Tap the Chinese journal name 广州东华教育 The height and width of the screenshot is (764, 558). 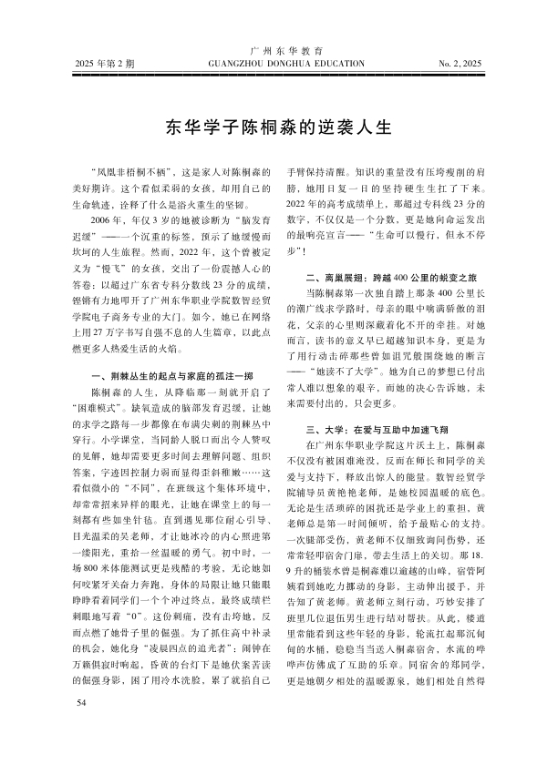(x=278, y=48)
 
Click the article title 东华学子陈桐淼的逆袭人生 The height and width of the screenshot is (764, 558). (x=279, y=126)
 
